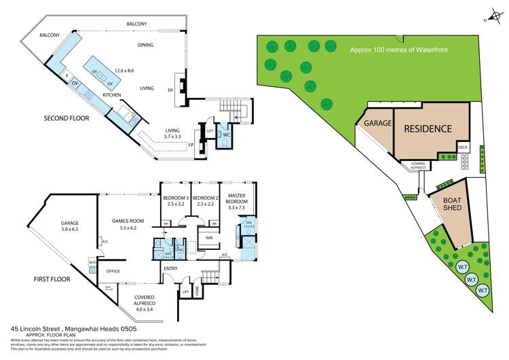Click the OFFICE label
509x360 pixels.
(x=113, y=271)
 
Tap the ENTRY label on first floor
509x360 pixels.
(x=170, y=268)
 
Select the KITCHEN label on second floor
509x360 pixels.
(x=111, y=96)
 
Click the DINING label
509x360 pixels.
(x=145, y=46)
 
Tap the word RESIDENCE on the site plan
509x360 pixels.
(x=428, y=128)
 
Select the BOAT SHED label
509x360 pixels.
(x=453, y=204)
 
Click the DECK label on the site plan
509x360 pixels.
(x=463, y=147)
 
